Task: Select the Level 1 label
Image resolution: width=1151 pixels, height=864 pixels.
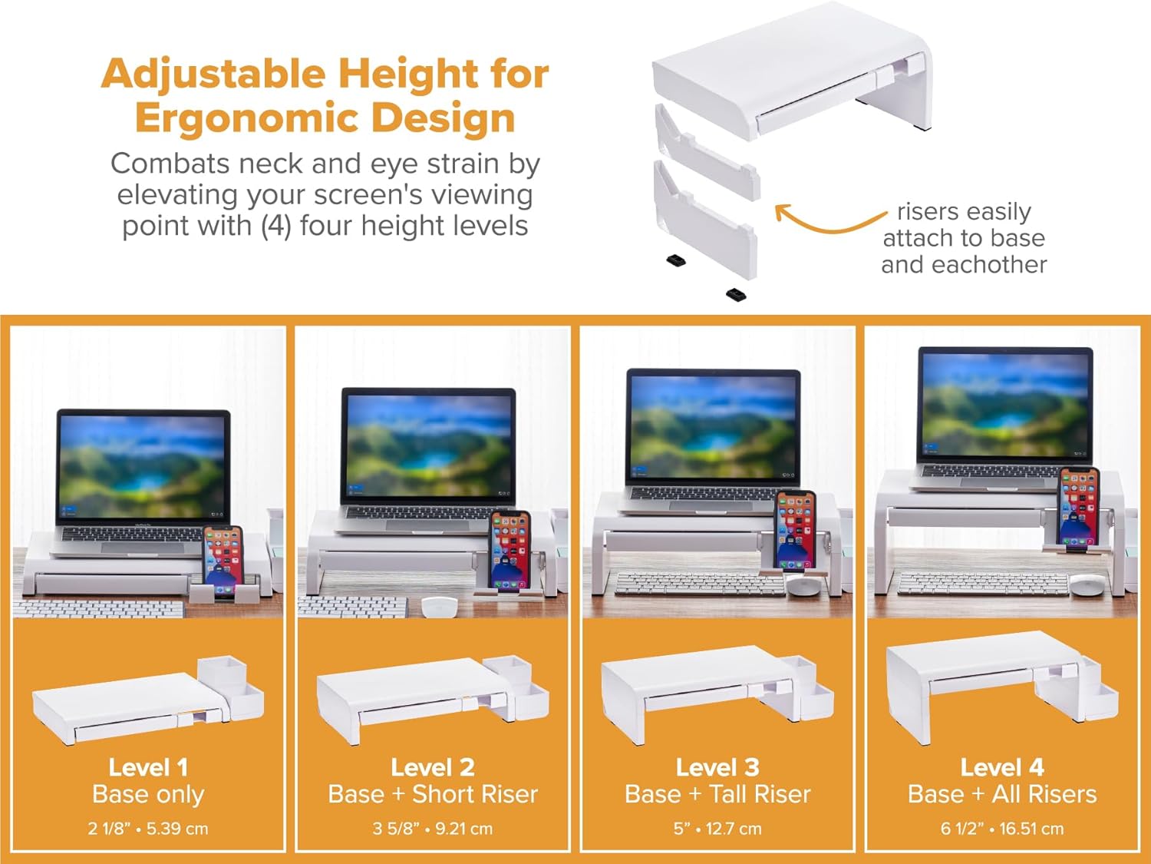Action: (148, 767)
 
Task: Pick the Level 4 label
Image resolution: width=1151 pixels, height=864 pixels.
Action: (1002, 767)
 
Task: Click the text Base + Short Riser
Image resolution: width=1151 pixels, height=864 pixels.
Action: (433, 794)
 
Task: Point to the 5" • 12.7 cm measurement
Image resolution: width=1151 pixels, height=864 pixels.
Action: (717, 829)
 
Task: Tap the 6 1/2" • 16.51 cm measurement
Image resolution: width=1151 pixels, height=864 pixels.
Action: (1002, 829)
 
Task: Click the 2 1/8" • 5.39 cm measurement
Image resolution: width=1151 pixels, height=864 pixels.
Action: (148, 829)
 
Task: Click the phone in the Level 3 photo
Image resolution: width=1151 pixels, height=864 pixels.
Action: (795, 530)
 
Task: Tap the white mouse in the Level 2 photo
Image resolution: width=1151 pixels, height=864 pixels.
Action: (440, 606)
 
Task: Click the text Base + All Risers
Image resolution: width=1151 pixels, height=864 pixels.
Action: (1002, 794)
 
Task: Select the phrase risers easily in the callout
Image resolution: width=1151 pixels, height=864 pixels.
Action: (964, 212)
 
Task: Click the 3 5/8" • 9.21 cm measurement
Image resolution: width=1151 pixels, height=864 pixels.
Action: (433, 829)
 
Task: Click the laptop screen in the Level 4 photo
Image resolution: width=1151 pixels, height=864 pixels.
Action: (1005, 405)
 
